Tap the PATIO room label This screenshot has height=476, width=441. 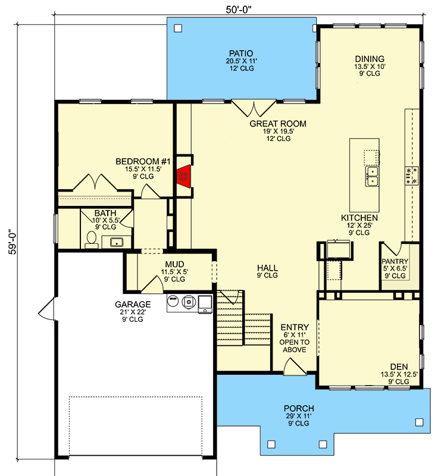[241, 53]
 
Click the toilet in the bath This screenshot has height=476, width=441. [91, 239]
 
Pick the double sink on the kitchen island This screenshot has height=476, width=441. [373, 177]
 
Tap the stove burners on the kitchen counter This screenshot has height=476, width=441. [411, 175]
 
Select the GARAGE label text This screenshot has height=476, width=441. [129, 304]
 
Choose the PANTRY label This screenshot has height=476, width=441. [395, 261]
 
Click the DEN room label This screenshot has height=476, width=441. [399, 367]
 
